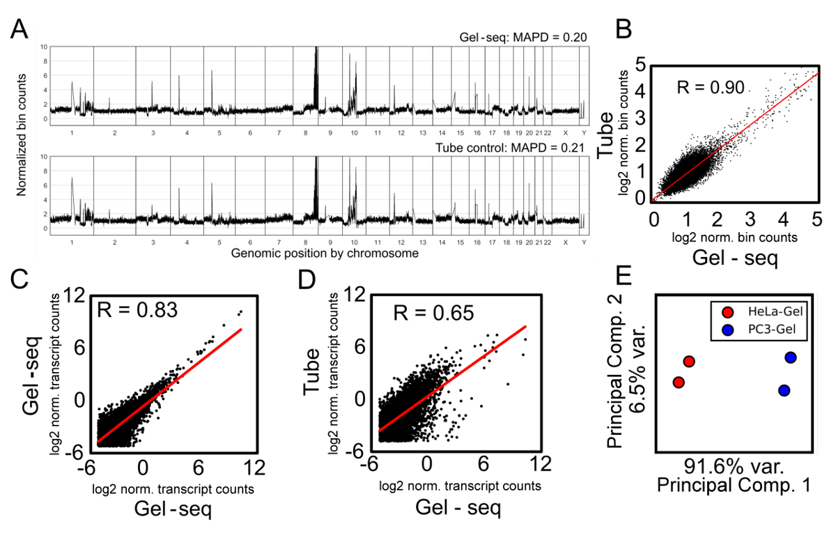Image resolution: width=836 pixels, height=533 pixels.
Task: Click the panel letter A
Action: [x=22, y=30]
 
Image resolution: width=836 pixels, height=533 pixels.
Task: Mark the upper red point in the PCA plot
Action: [x=689, y=361]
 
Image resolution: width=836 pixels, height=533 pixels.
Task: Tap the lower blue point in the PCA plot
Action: [x=784, y=390]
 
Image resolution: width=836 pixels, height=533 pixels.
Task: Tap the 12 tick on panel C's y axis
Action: [x=73, y=296]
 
